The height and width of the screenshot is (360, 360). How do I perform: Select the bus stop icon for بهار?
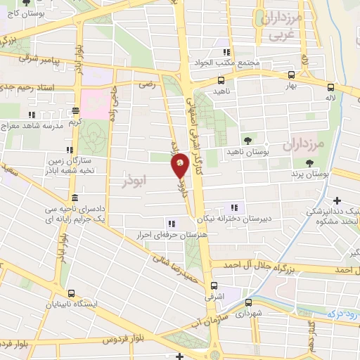(291, 75)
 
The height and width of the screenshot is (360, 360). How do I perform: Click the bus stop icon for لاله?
(330, 87)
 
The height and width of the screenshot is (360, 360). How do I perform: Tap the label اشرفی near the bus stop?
(214, 298)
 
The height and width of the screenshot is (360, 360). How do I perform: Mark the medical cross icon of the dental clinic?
(338, 201)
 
